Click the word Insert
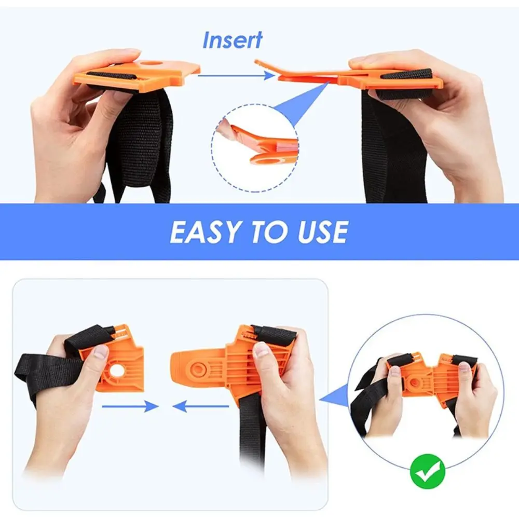point(233,40)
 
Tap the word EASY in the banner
point(207,231)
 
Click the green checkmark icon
point(427,471)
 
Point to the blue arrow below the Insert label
point(236,76)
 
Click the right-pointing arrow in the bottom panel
point(130,406)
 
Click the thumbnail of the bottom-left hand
point(101,351)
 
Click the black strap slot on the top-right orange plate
point(407,75)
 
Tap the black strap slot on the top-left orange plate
point(112,76)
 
